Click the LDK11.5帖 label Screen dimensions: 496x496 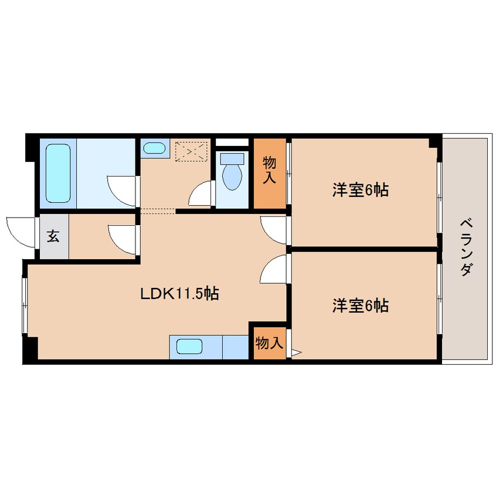tap(179, 294)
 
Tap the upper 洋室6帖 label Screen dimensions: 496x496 tap(361, 190)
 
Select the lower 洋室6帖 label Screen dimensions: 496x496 tap(361, 305)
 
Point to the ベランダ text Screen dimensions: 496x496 tap(467, 247)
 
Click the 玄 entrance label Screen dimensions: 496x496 tap(53, 236)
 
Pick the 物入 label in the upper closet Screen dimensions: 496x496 tap(270, 170)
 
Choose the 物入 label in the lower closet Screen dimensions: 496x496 tap(269, 343)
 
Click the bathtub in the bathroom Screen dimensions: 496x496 tap(58, 174)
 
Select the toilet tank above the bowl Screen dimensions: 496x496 tap(232, 158)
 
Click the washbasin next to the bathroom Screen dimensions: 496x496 tap(154, 148)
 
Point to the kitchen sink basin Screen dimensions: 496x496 tap(189, 346)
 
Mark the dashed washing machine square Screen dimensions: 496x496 tap(191, 151)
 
